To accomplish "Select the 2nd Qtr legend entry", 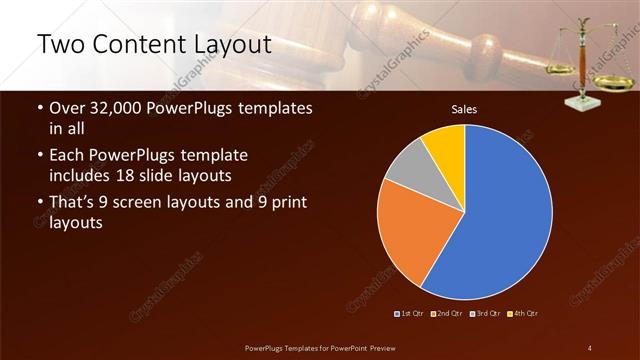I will click(x=447, y=314).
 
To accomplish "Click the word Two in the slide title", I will click(x=61, y=44).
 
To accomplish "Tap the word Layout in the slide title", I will click(x=233, y=44).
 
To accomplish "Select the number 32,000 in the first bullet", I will click(x=120, y=107).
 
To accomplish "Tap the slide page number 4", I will click(x=590, y=348).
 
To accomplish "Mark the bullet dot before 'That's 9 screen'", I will click(x=39, y=204).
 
